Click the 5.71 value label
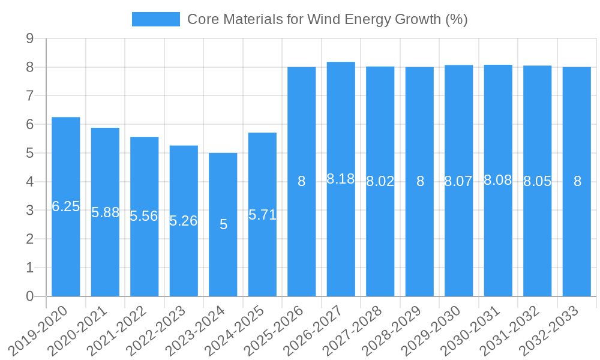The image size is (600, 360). point(262,215)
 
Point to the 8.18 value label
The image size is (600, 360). point(341,179)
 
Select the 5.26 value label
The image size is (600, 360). point(184,221)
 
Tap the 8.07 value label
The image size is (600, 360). point(458,181)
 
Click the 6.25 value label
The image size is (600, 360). point(66,206)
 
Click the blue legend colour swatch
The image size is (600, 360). point(156,19)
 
